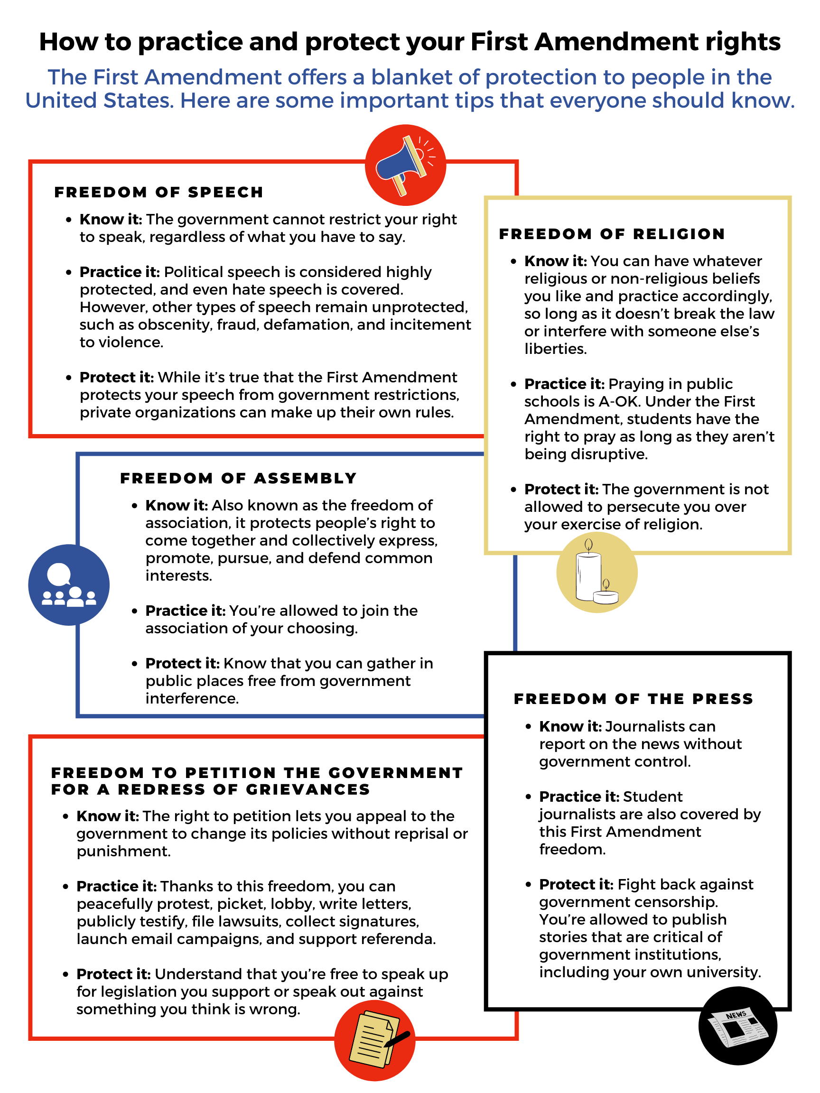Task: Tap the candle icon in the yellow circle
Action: (596, 573)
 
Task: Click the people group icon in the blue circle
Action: (69, 585)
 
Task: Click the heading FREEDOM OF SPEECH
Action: (158, 192)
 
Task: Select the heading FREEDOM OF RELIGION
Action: (612, 234)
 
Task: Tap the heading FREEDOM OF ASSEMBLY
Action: (238, 478)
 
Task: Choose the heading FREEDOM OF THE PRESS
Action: (633, 699)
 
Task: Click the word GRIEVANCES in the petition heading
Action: (308, 789)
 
